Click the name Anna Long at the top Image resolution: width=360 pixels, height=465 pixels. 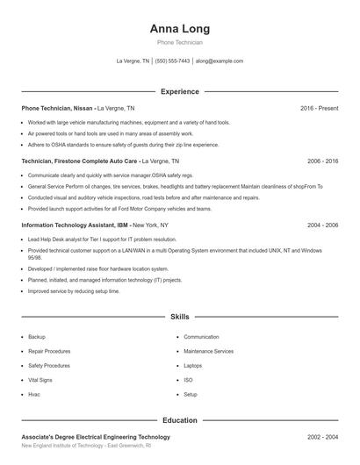(x=180, y=29)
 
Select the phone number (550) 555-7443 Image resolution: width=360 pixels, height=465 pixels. (x=173, y=61)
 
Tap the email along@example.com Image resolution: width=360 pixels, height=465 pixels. (x=220, y=61)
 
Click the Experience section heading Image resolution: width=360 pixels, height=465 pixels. (x=180, y=91)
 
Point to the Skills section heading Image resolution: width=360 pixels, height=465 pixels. (x=180, y=316)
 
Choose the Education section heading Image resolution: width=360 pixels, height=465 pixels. (x=180, y=420)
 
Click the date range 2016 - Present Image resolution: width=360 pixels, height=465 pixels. (x=319, y=108)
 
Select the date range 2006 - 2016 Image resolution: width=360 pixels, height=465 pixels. (x=322, y=161)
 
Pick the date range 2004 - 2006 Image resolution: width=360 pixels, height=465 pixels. (x=322, y=225)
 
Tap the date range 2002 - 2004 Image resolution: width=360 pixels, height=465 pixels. (x=322, y=437)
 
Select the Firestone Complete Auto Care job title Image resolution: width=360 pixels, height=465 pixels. (x=80, y=161)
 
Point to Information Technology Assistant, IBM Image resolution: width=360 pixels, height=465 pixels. (x=74, y=225)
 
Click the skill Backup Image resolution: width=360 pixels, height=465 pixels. (x=37, y=337)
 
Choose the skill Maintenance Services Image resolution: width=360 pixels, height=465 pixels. (x=209, y=351)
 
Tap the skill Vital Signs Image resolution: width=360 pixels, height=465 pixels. (x=40, y=380)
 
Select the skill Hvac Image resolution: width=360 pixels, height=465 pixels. (x=34, y=394)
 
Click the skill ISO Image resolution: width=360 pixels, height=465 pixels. (x=188, y=380)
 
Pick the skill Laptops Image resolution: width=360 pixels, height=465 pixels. (x=193, y=365)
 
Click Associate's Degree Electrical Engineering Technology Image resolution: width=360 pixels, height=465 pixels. (x=96, y=437)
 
